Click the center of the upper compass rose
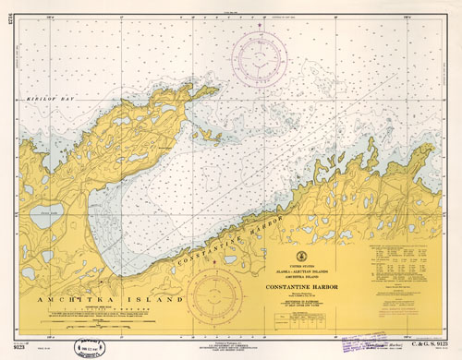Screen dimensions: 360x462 tap(261, 58)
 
